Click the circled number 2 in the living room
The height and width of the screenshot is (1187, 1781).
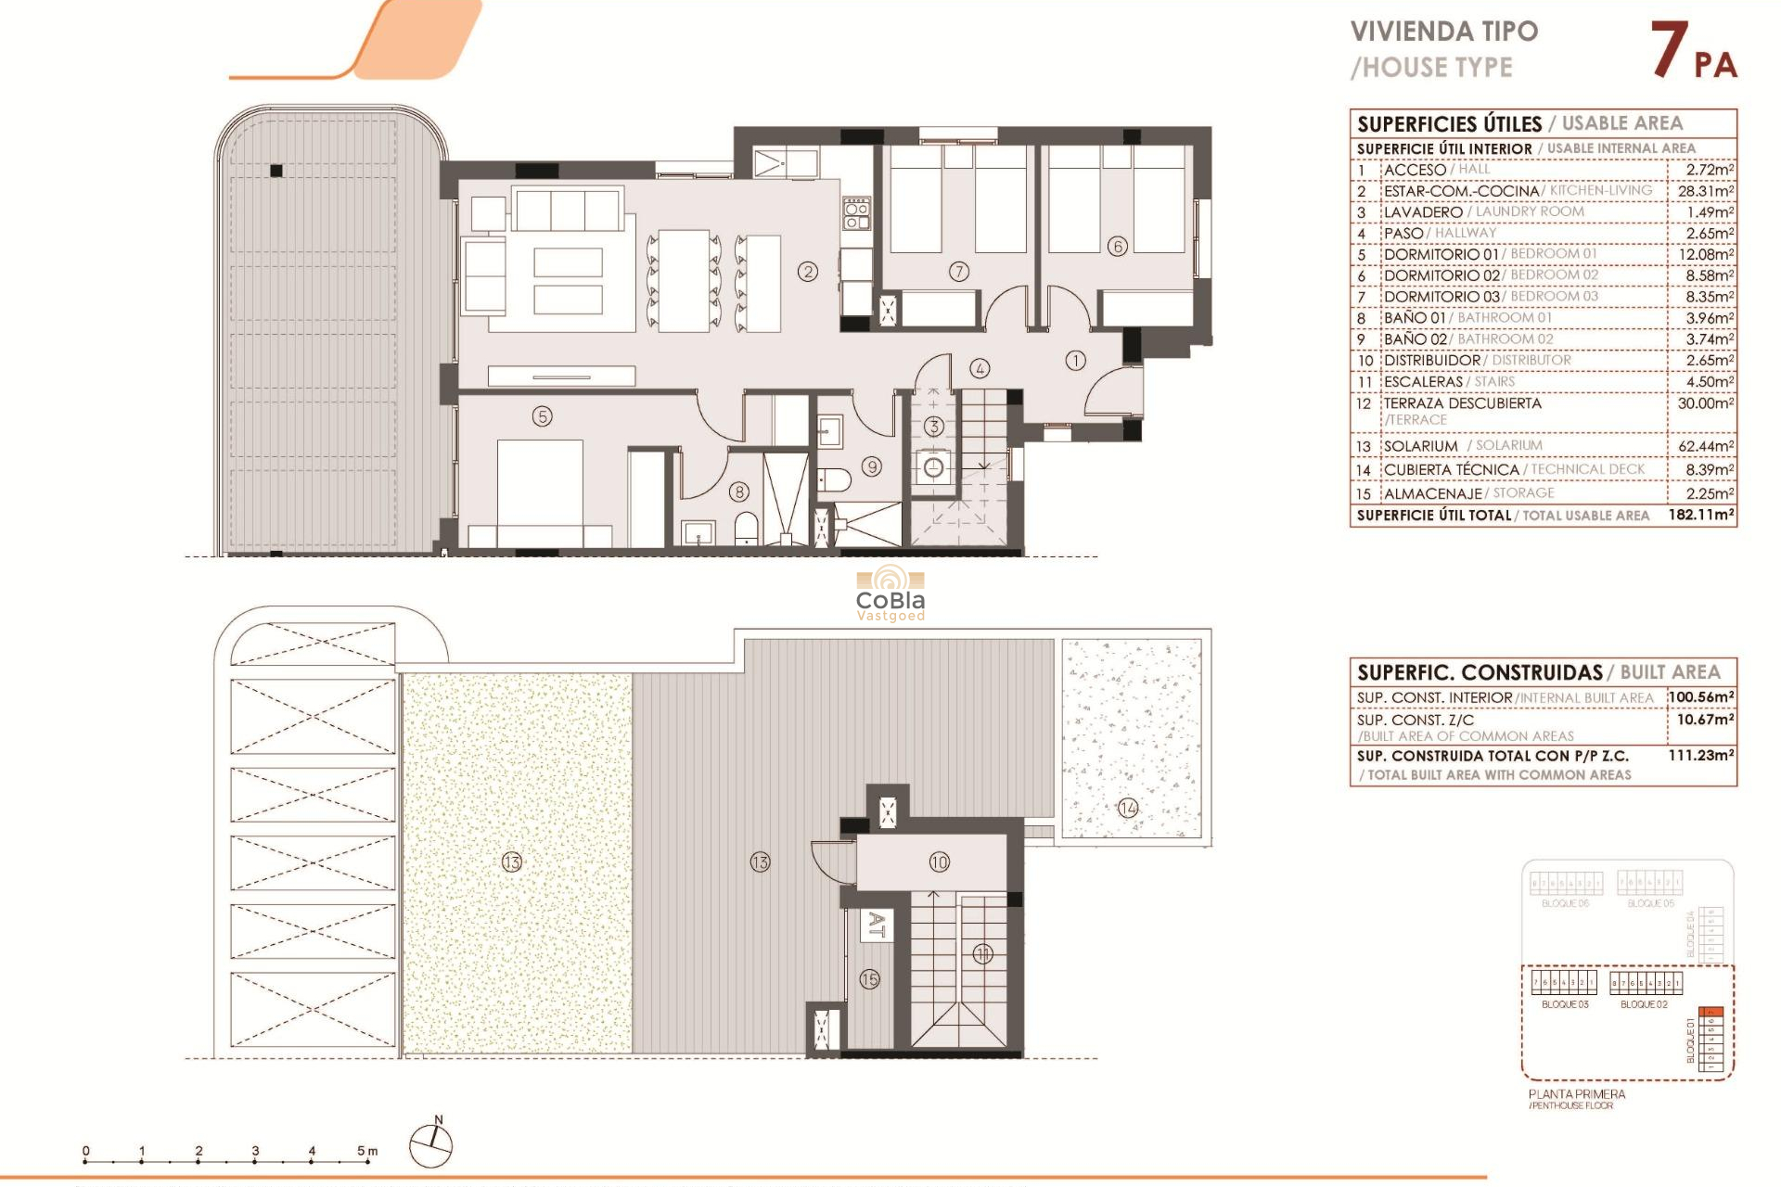click(808, 272)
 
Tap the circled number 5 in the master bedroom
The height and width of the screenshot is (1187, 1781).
click(543, 416)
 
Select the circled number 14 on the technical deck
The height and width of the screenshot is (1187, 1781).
click(1128, 808)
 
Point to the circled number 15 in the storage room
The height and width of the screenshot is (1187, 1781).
click(869, 979)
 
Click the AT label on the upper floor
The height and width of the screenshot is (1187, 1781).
click(876, 925)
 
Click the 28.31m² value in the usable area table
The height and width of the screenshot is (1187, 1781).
click(1705, 191)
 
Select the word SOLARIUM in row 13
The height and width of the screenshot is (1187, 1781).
click(1420, 446)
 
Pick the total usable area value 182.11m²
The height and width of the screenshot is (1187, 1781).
click(1700, 515)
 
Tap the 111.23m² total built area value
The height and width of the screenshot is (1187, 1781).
click(1700, 756)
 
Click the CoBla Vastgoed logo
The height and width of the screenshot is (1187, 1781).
click(890, 594)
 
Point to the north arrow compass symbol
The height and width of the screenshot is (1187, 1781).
click(431, 1145)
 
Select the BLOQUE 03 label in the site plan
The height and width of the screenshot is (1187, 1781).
click(1565, 1004)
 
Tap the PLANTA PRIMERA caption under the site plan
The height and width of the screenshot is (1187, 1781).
click(1576, 1094)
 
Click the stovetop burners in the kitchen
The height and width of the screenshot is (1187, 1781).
click(856, 214)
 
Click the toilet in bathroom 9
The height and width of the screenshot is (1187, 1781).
click(835, 479)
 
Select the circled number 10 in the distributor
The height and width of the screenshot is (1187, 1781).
click(939, 862)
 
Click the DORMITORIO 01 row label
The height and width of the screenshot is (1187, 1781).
click(1441, 255)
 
